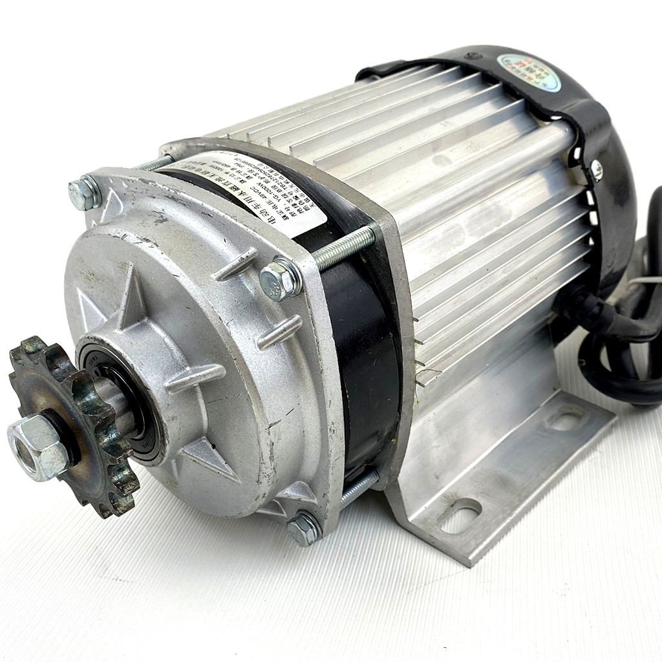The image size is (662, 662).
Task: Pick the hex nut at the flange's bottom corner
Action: [x=304, y=528]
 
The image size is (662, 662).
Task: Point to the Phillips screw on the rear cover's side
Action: [x=597, y=170]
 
